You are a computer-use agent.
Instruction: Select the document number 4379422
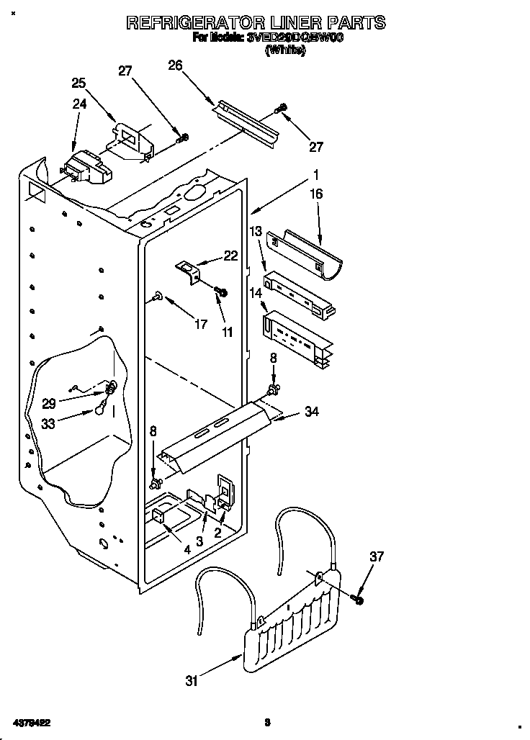31,721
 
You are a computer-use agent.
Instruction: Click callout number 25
78,83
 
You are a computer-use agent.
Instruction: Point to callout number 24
79,104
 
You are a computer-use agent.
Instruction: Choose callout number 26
175,66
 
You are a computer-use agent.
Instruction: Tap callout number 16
315,194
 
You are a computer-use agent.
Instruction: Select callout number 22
230,254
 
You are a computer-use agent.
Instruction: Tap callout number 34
311,412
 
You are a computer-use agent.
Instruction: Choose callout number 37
377,556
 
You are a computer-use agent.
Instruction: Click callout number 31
191,681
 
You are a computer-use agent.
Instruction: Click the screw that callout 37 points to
359,599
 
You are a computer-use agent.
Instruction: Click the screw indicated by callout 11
222,292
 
